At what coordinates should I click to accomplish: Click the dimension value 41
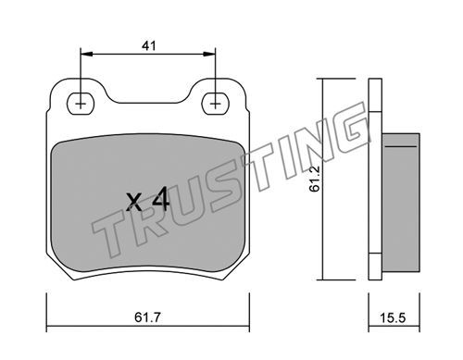pos(149,45)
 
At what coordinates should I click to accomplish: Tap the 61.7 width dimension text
pos(148,317)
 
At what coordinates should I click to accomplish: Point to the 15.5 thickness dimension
pos(393,317)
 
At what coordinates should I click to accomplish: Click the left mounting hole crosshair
pos(81,104)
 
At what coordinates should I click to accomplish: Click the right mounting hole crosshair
pos(215,104)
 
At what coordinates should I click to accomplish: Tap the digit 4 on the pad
pos(160,199)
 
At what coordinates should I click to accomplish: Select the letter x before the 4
pos(135,202)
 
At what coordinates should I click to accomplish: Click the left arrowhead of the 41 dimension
pos(86,55)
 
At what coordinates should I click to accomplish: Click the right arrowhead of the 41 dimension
pos(209,55)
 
